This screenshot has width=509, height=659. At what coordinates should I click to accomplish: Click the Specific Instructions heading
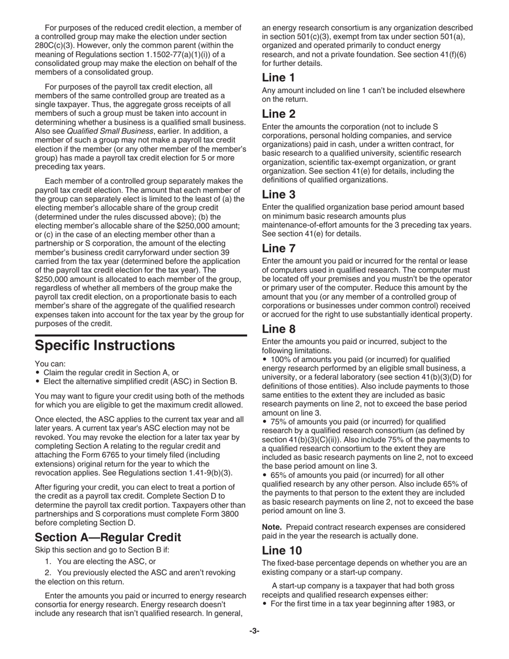[x=104, y=346]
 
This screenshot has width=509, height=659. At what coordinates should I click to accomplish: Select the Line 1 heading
[x=278, y=78]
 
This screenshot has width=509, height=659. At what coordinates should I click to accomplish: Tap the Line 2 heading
[x=279, y=114]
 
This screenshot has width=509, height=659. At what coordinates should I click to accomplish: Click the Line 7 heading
[x=279, y=248]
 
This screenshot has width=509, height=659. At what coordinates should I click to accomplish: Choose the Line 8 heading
[x=279, y=328]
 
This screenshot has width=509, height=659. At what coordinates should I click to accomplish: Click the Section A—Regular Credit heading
[x=108, y=537]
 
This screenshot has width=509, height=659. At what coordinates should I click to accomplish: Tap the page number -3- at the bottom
[x=254, y=632]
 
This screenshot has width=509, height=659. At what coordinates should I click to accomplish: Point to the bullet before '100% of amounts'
[x=264, y=360]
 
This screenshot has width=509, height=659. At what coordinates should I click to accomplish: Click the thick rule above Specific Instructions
[x=141, y=335]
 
